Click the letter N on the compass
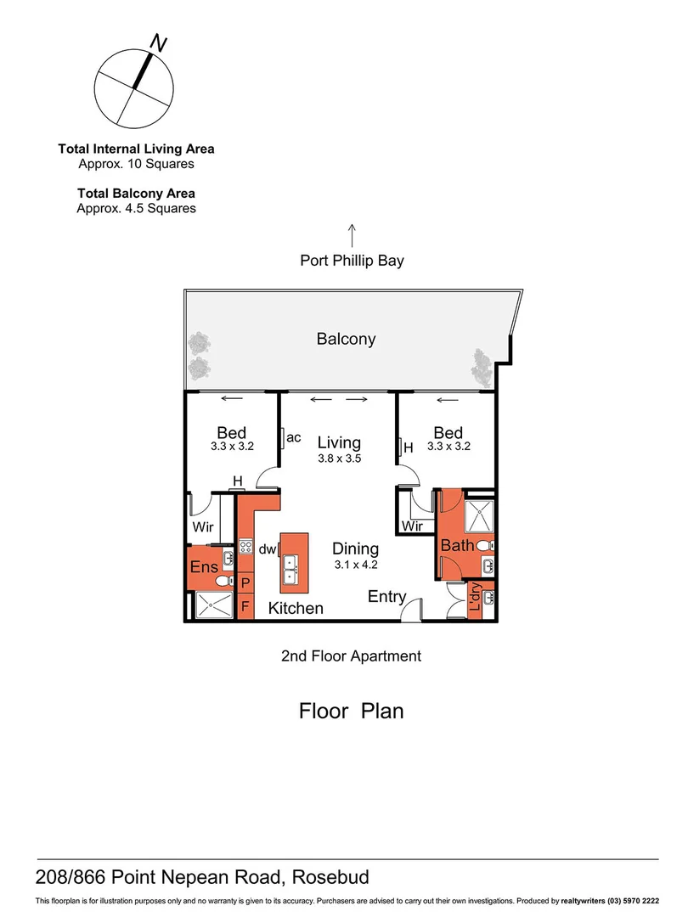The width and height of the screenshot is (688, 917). [157, 42]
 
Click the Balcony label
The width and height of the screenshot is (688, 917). [346, 339]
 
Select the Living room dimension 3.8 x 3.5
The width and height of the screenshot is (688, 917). [339, 458]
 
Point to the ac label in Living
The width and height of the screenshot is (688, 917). [294, 437]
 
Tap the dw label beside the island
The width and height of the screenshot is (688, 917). [268, 549]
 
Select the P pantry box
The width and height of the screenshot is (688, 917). [245, 583]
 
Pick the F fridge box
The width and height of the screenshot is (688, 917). [245, 607]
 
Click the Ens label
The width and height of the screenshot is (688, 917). [204, 567]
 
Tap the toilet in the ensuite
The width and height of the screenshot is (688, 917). [224, 582]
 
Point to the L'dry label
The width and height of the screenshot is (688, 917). [475, 600]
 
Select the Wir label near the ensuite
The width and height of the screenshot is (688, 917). [202, 526]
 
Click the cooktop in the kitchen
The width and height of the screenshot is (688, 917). [245, 549]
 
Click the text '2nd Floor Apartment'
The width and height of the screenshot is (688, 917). [351, 655]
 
